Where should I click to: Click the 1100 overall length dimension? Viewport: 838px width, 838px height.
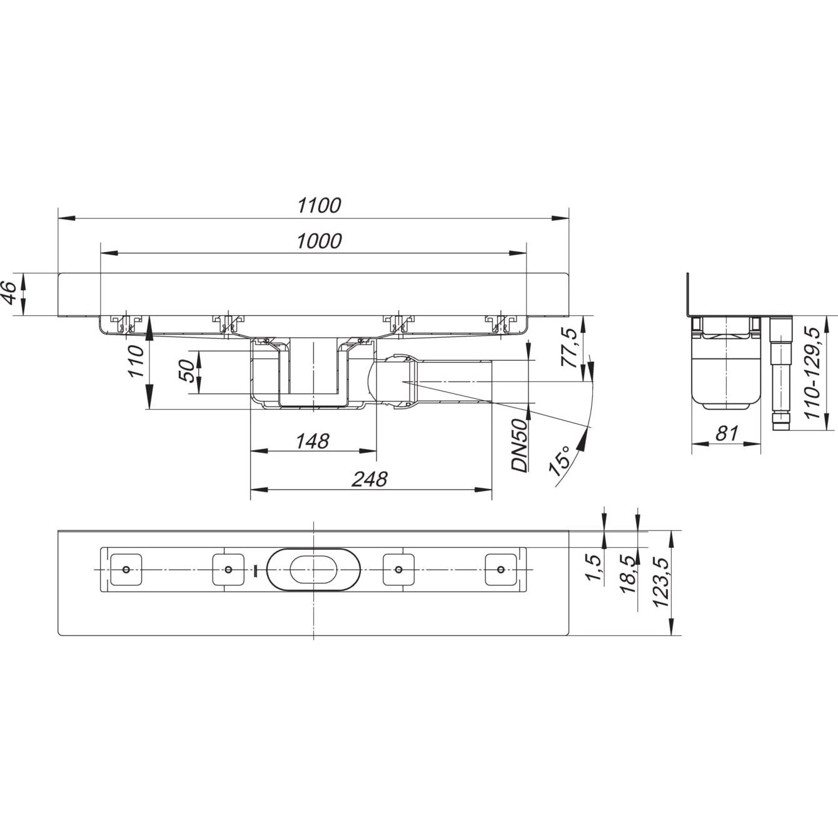pyautogui.click(x=319, y=205)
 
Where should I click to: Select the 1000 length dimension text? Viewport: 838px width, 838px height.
pyautogui.click(x=319, y=241)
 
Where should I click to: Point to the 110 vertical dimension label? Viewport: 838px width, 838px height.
pyautogui.click(x=136, y=361)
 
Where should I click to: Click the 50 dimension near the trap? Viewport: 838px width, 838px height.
pyautogui.click(x=187, y=371)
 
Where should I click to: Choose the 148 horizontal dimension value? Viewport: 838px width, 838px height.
pyautogui.click(x=312, y=441)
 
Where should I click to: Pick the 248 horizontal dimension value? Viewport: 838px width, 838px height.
pyautogui.click(x=369, y=479)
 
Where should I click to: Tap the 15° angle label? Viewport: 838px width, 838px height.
pyautogui.click(x=559, y=462)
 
